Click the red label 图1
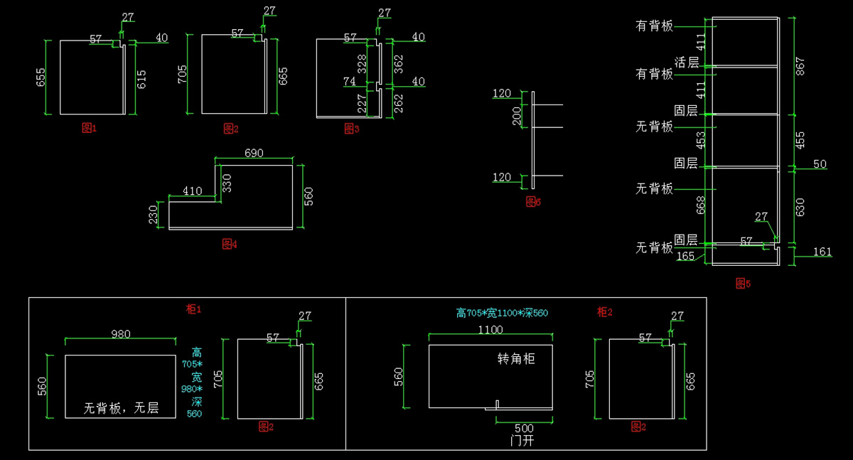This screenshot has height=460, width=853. (89, 128)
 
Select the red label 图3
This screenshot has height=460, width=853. (351, 128)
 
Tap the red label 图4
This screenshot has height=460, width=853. (230, 244)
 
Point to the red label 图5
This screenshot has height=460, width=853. (743, 284)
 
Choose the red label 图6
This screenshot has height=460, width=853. (533, 202)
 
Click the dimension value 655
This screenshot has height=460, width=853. (41, 77)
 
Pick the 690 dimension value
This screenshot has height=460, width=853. (254, 153)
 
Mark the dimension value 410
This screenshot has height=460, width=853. (192, 191)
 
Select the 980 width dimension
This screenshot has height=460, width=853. (120, 334)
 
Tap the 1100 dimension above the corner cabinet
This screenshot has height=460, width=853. (490, 329)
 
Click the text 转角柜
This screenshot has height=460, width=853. (516, 359)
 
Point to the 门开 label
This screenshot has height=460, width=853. (522, 441)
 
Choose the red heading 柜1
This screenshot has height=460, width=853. (194, 309)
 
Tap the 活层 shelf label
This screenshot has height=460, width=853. (686, 63)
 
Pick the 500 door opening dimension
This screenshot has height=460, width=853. (524, 428)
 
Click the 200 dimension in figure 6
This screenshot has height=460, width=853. (517, 116)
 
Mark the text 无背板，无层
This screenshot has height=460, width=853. (121, 408)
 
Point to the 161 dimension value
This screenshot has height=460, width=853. (822, 251)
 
